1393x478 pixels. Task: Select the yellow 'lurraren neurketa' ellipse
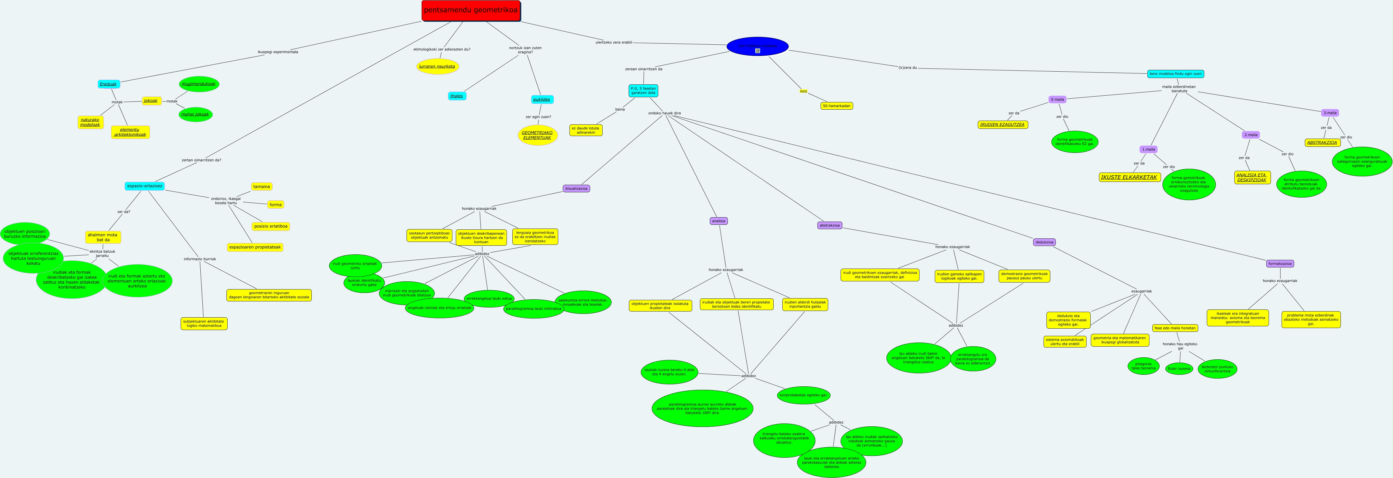438,66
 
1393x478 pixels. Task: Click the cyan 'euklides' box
542,99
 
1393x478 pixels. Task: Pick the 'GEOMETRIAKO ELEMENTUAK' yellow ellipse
537,135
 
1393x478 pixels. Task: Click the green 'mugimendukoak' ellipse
198,84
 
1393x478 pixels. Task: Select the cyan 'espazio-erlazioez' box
144,186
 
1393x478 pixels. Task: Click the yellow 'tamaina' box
262,187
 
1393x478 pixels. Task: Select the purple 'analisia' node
719,221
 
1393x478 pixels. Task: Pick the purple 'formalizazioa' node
1280,264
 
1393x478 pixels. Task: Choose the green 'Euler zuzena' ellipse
1179,369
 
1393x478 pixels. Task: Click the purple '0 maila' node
1057,99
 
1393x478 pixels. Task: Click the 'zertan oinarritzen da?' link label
201,160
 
